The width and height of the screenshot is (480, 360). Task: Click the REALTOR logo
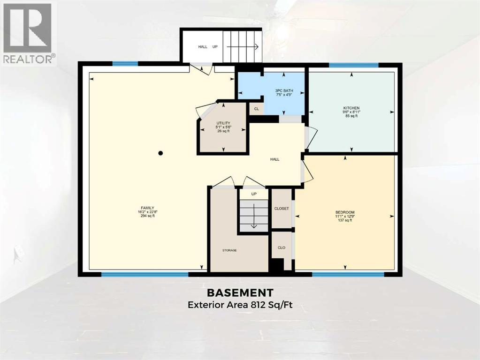click(x=28, y=33)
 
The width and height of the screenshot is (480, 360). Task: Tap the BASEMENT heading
click(x=240, y=293)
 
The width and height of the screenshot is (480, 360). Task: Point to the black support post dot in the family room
click(x=160, y=153)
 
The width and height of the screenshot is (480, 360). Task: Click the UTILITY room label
click(x=223, y=123)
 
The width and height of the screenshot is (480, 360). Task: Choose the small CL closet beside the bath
click(x=256, y=109)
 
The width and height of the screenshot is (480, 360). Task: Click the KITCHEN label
click(x=351, y=108)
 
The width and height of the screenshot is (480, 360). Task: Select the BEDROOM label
click(x=345, y=212)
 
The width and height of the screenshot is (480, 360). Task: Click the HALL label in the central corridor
click(x=274, y=159)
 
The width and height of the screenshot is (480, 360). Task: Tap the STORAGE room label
click(x=229, y=250)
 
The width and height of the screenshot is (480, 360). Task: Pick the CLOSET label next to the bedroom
click(x=282, y=208)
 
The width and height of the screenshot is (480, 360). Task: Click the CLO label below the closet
click(x=282, y=247)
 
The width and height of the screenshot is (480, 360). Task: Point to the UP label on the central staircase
click(x=254, y=193)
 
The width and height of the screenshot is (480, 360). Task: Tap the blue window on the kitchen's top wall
click(x=353, y=65)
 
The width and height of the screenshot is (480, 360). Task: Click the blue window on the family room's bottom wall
click(x=145, y=274)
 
